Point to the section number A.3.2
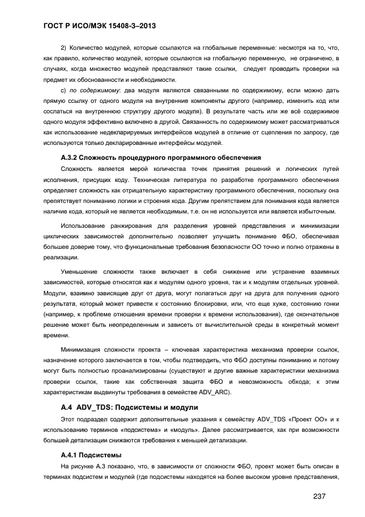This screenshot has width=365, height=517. click(x=72, y=158)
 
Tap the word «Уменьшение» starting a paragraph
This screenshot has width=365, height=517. click(x=83, y=272)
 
